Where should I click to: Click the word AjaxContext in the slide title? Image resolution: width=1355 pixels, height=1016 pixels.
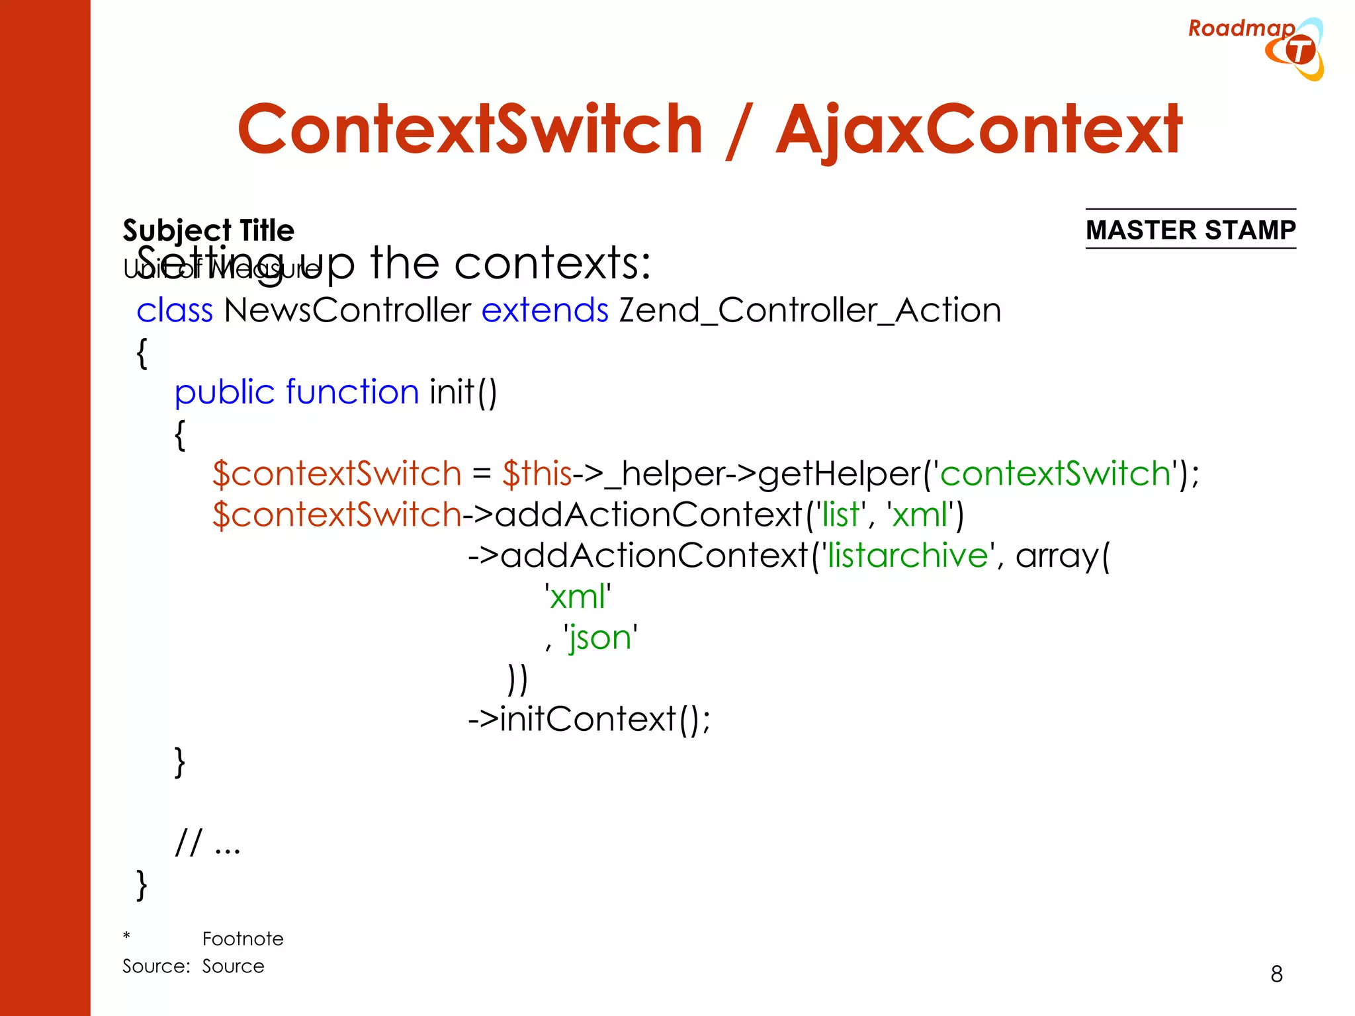tap(979, 130)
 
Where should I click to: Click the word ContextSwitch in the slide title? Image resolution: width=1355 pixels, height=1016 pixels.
tap(470, 130)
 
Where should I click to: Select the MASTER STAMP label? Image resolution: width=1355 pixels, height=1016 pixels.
tap(1190, 230)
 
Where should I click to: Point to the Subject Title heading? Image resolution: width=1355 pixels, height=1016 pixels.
tap(208, 230)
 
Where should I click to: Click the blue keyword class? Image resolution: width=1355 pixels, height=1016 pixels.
tap(175, 310)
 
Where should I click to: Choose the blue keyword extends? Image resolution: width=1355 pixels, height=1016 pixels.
tap(545, 310)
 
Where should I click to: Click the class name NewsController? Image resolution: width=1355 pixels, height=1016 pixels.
tap(347, 310)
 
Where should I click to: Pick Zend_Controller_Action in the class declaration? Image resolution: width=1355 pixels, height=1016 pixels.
tap(810, 310)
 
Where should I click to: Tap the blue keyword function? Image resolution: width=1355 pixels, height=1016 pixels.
tap(352, 392)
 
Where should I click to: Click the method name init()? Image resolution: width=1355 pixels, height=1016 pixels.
tap(463, 392)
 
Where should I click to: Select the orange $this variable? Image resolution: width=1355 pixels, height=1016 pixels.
tap(537, 474)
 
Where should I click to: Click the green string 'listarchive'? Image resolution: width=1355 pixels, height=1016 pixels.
tap(908, 556)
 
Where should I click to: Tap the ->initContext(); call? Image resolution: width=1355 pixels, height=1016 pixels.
tap(589, 719)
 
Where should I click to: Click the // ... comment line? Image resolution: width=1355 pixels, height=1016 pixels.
tap(208, 843)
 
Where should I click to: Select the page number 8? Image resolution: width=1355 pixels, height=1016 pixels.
tap(1276, 974)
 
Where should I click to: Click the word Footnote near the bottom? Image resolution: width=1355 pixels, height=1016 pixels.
tap(243, 939)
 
